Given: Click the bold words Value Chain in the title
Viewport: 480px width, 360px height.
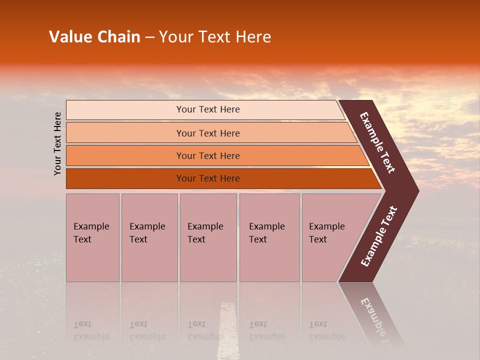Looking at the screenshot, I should [94, 37].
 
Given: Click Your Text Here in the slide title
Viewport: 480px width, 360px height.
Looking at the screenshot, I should [215, 37].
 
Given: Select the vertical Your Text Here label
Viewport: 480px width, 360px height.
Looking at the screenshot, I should [57, 143].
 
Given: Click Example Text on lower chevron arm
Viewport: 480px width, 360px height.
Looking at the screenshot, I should [379, 236].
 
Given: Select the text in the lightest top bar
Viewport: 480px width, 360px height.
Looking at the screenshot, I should [208, 109].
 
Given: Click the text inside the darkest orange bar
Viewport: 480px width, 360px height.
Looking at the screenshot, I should [208, 178].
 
